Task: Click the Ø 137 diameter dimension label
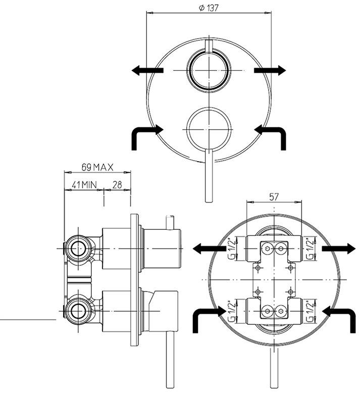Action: click(x=209, y=8)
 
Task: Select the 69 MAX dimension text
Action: click(x=97, y=167)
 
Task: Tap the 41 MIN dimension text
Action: click(x=84, y=185)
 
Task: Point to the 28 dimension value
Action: click(x=117, y=185)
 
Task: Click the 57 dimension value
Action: click(x=274, y=197)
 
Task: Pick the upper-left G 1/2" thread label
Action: click(x=232, y=249)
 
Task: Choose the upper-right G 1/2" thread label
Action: click(x=310, y=249)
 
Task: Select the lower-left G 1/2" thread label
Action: click(x=232, y=312)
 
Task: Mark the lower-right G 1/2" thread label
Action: click(x=310, y=312)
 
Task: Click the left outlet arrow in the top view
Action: click(x=147, y=70)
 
